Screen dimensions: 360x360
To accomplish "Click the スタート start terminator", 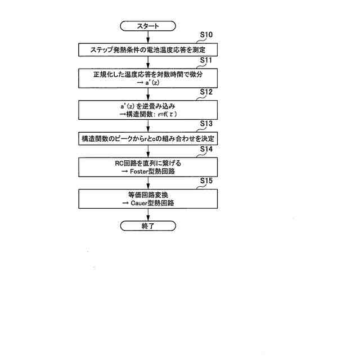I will point(148,26).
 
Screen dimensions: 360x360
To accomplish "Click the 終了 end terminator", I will point(148,226).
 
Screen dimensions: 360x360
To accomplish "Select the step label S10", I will point(206,35).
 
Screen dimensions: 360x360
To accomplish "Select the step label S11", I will point(206,61).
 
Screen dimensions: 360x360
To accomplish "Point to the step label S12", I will point(206,92).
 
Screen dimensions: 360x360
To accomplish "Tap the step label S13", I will point(206,124).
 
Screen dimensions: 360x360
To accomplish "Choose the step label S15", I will point(206,181).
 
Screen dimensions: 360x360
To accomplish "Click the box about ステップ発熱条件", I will point(148,49).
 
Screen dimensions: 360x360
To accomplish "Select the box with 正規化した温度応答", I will point(148,78).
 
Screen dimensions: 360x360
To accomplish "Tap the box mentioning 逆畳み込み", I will point(148,109).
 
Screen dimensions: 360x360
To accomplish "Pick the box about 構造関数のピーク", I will point(148,138).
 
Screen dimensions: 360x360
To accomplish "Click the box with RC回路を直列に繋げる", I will point(148,166).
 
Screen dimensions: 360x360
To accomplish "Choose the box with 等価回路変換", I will point(148,198).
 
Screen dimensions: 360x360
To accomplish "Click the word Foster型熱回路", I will point(153,171).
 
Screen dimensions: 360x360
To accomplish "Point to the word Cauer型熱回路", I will point(153,202).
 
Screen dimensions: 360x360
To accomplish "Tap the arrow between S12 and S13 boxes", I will point(148,125).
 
